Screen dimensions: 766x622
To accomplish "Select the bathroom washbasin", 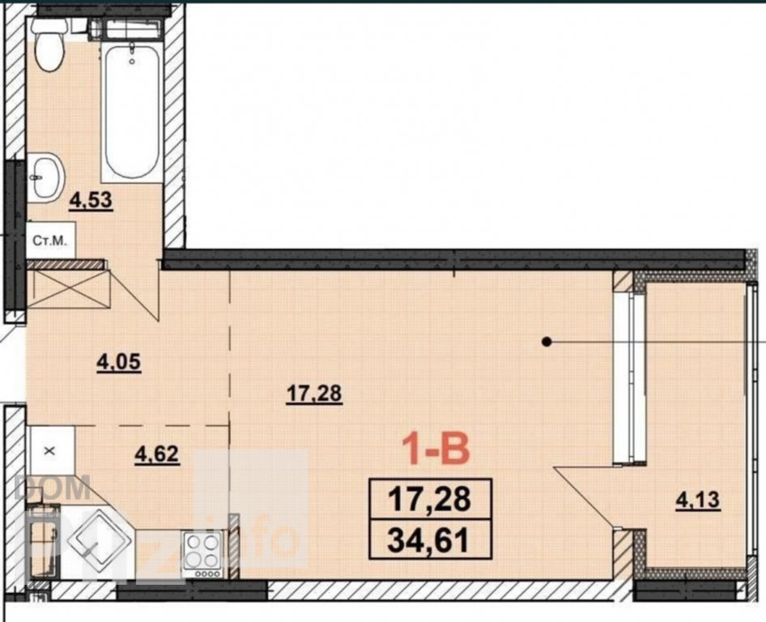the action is [45, 177].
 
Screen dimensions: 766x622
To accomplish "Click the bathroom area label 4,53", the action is [91, 201].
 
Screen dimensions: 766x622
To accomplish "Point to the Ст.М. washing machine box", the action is [51, 240].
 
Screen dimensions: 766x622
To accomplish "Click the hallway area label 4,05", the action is [119, 363].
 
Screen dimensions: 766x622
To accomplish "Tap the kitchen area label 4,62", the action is [157, 455].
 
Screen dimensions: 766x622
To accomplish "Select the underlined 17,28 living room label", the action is [314, 394].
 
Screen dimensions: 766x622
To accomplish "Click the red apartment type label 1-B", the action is [436, 449].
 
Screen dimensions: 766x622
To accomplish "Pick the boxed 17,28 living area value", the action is [430, 500].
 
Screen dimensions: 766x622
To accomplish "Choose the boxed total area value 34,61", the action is [430, 539].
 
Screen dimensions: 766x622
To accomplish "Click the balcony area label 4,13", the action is [698, 501].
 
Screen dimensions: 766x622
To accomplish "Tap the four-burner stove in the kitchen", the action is [202, 555].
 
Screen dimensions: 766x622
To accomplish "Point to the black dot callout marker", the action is [547, 342].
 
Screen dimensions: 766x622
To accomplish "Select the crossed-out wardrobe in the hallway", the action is [68, 289].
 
